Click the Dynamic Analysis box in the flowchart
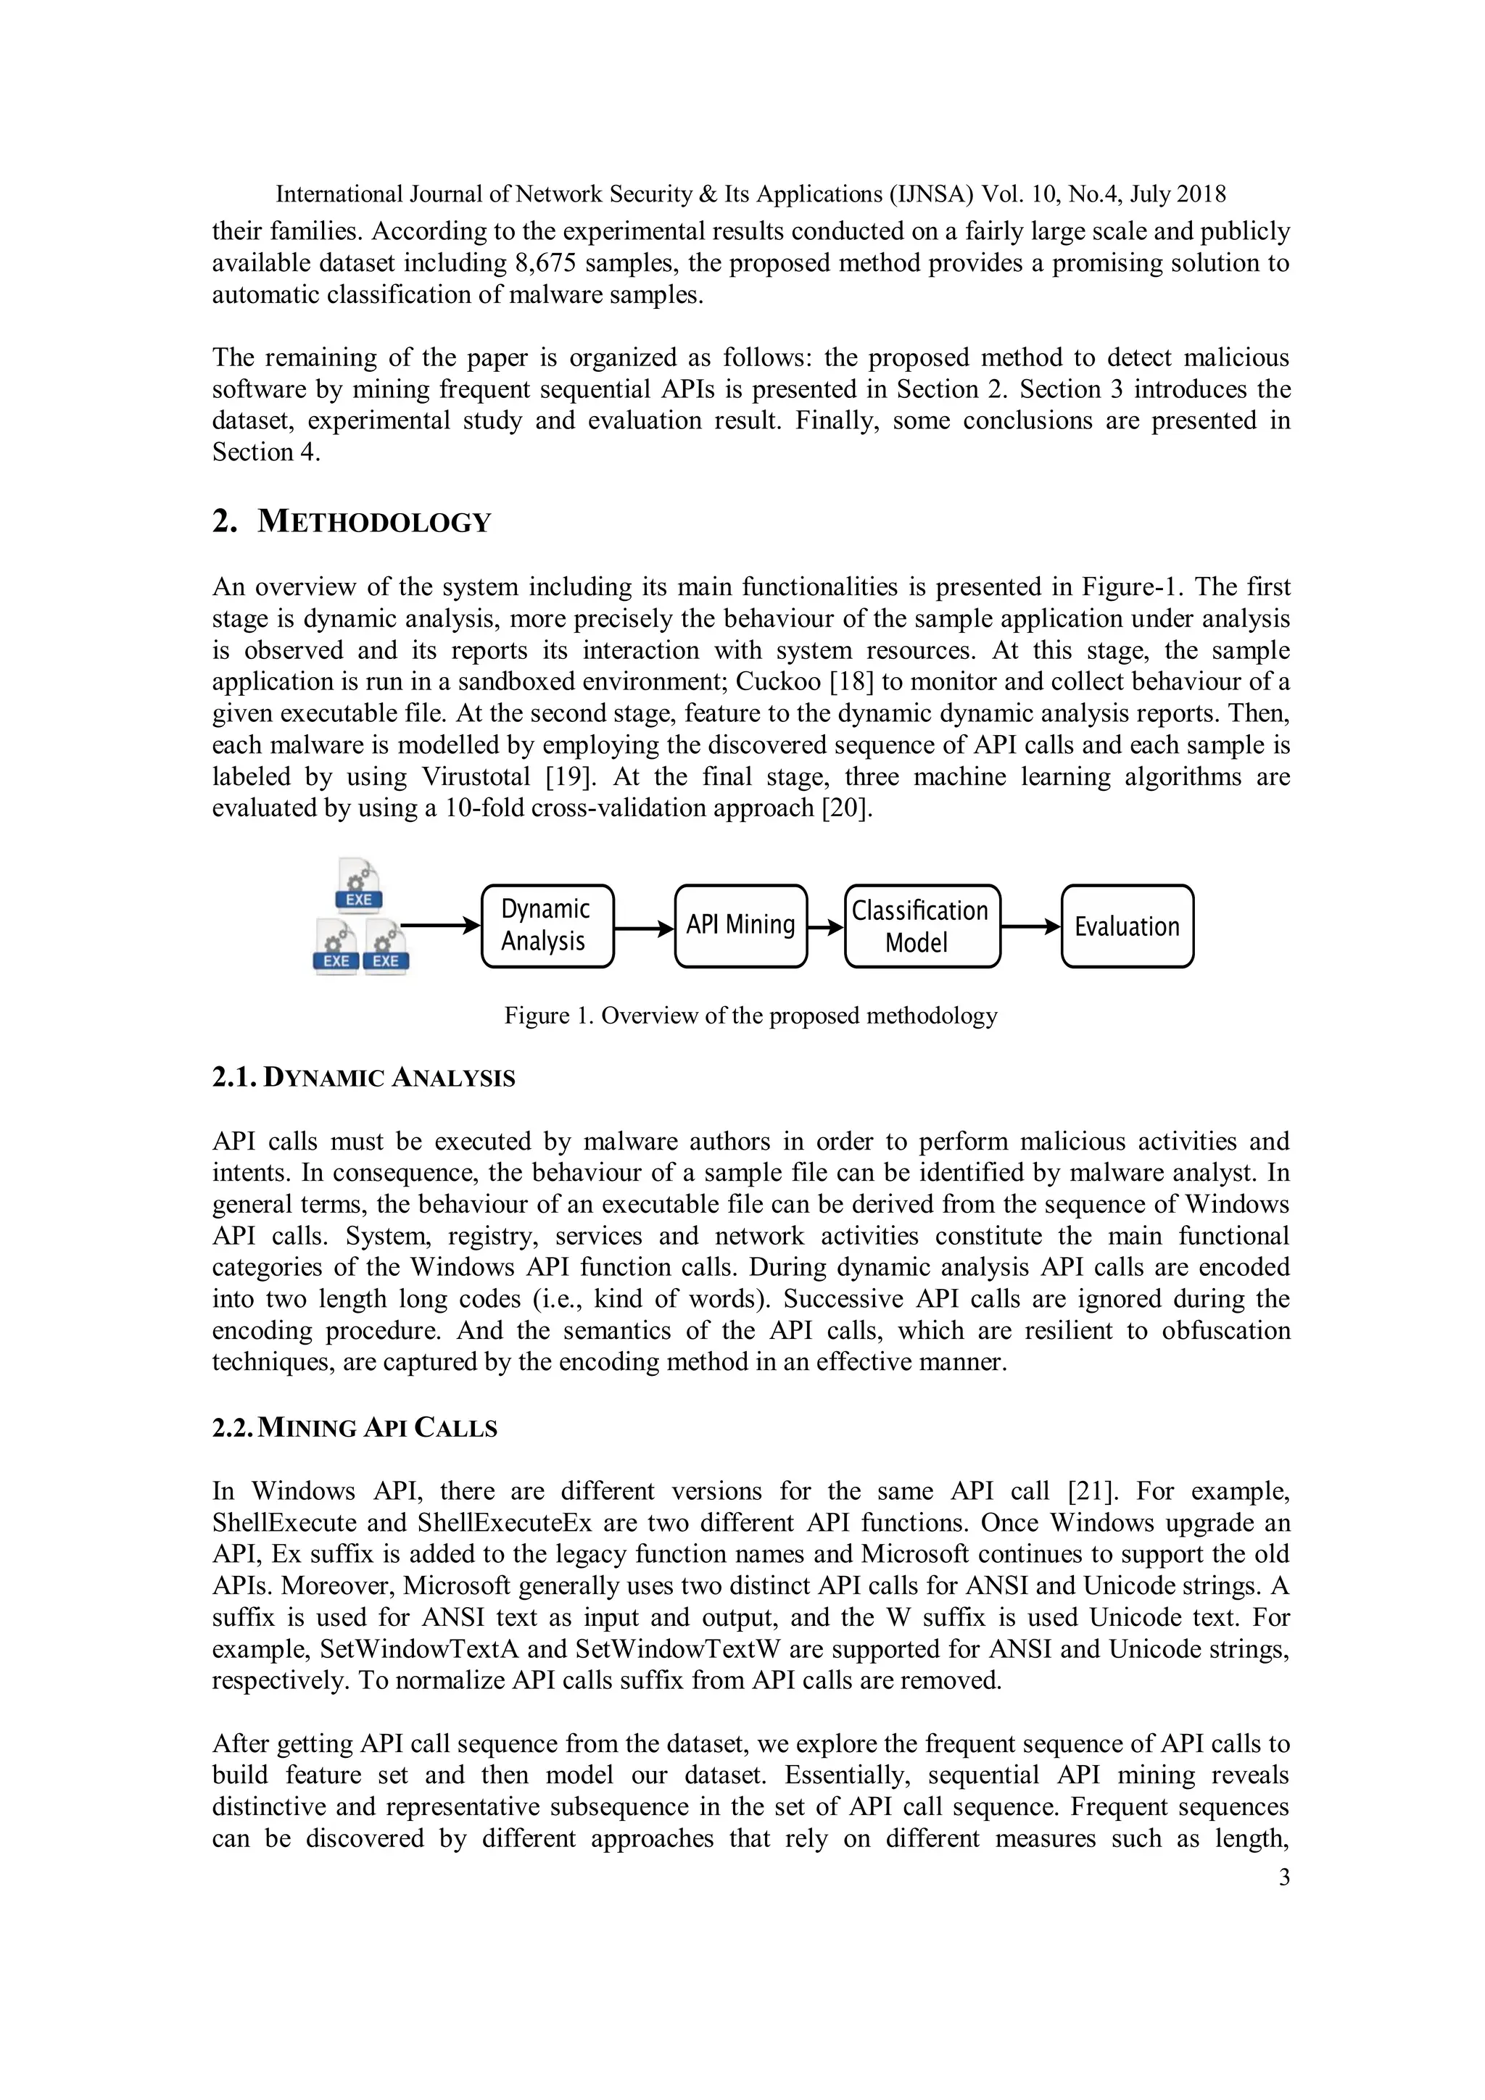(546, 926)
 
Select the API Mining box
(740, 926)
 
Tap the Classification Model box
(922, 926)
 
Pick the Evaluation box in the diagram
(1126, 926)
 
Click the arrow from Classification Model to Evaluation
(1030, 926)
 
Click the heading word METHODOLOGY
(374, 522)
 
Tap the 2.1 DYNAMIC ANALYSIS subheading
(363, 1079)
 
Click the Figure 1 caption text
(750, 1016)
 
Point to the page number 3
(1283, 1877)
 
